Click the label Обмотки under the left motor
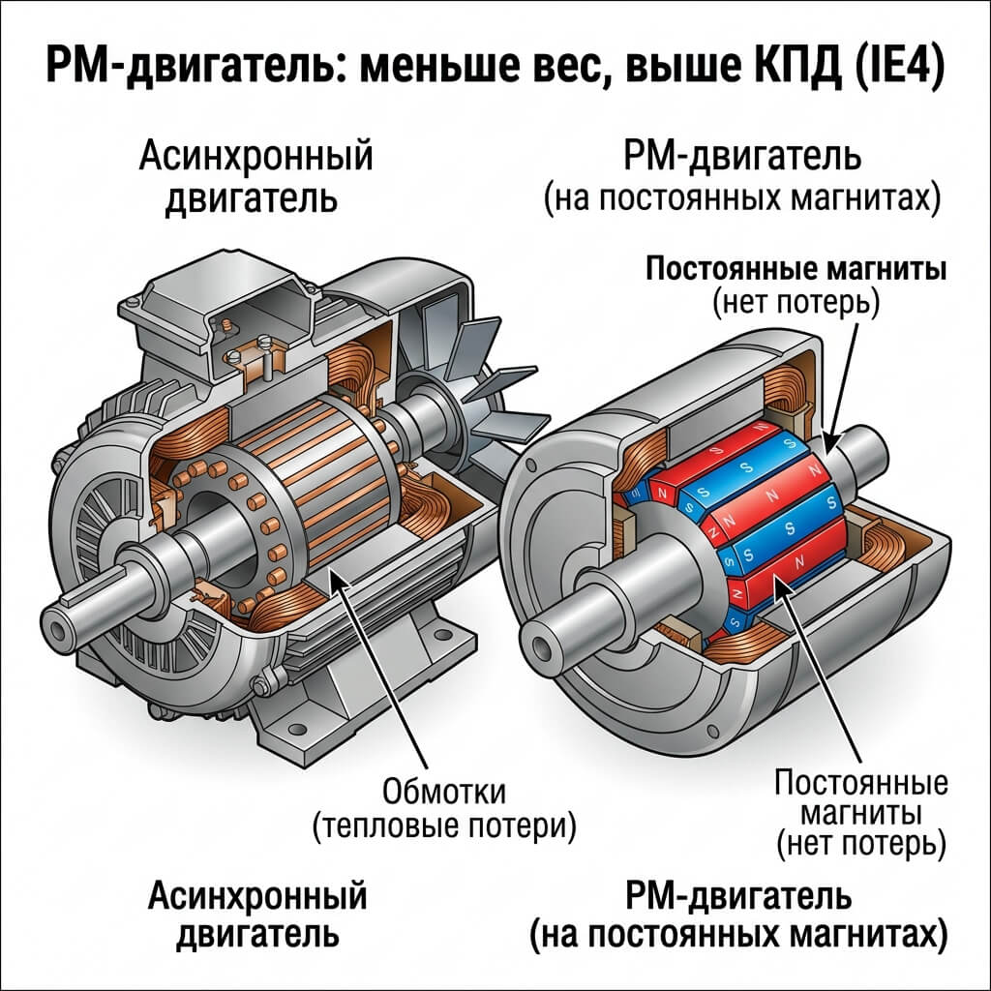(444, 793)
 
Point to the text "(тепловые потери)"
(444, 826)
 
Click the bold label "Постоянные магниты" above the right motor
(796, 271)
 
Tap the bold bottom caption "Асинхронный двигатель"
(257, 916)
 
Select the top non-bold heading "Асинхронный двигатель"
(255, 177)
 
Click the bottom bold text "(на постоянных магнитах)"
(738, 935)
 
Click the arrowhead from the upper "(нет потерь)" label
(829, 440)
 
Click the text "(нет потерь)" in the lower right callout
(860, 845)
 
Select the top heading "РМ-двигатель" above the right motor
(742, 157)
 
